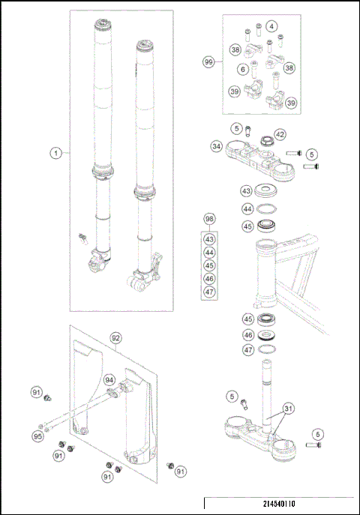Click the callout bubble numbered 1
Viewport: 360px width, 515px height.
pyautogui.click(x=55, y=153)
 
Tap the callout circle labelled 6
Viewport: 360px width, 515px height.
pyautogui.click(x=242, y=69)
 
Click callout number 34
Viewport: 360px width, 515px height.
pyautogui.click(x=216, y=147)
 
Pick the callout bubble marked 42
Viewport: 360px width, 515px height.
pyautogui.click(x=280, y=134)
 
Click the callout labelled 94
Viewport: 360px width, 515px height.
pyautogui.click(x=109, y=380)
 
